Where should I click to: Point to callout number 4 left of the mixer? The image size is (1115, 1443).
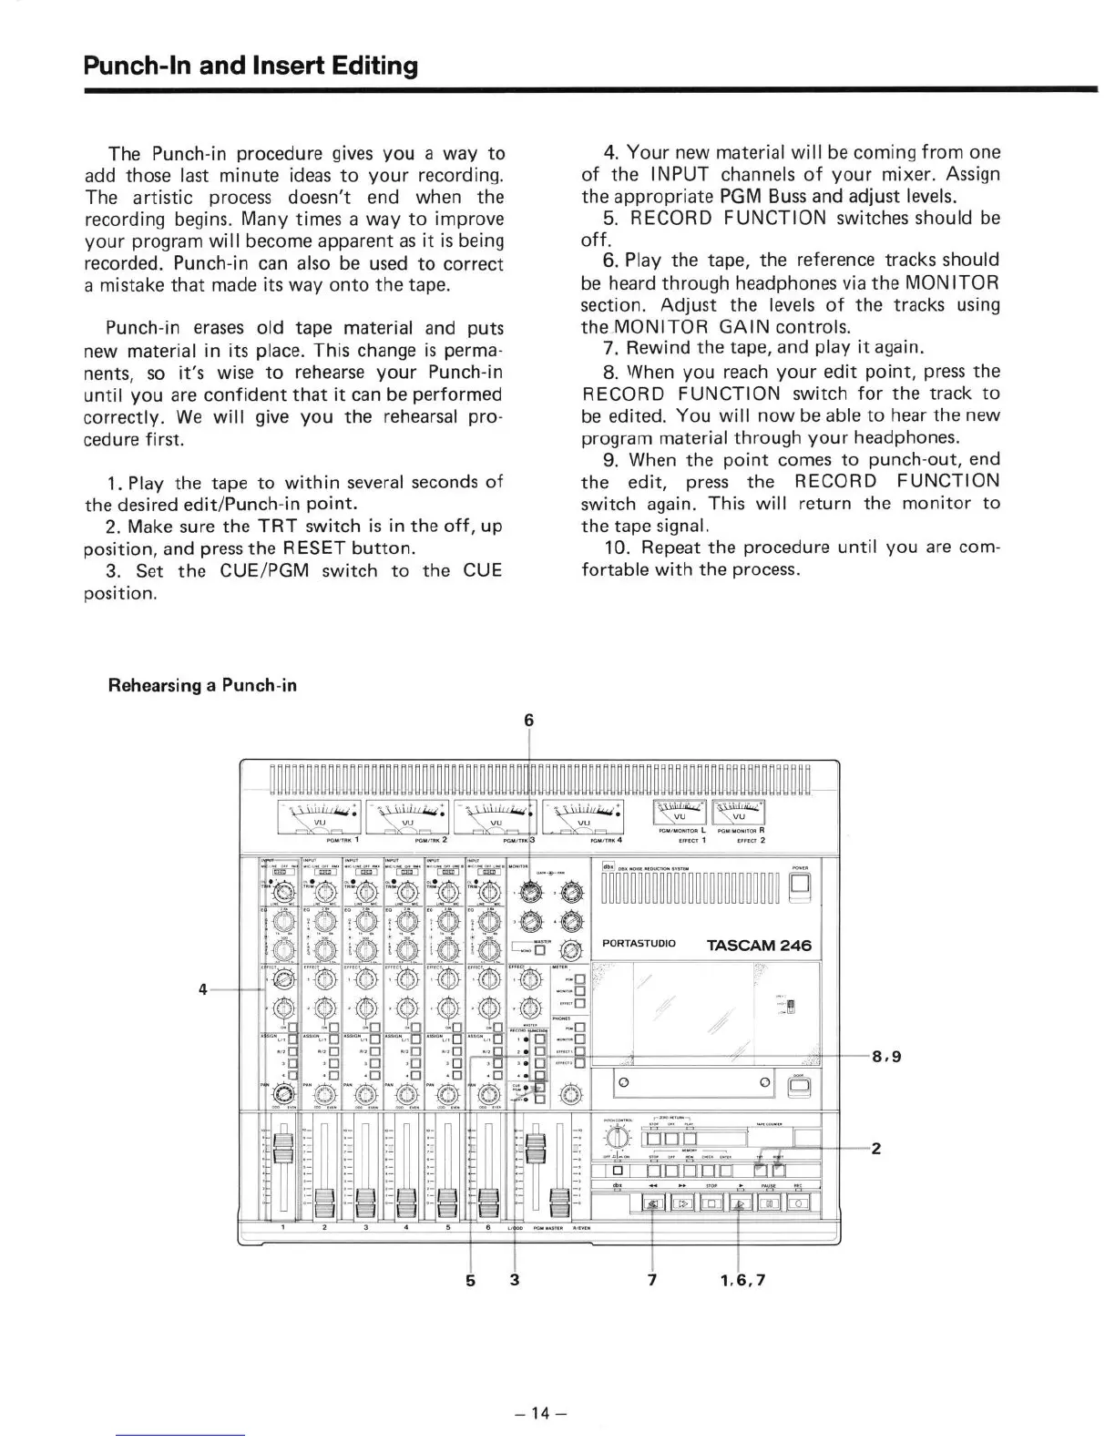tap(204, 988)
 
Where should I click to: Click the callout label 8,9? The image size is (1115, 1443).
tap(886, 1058)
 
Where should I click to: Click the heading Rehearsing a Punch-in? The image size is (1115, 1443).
tap(202, 684)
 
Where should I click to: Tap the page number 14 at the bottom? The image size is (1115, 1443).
tap(542, 1413)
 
